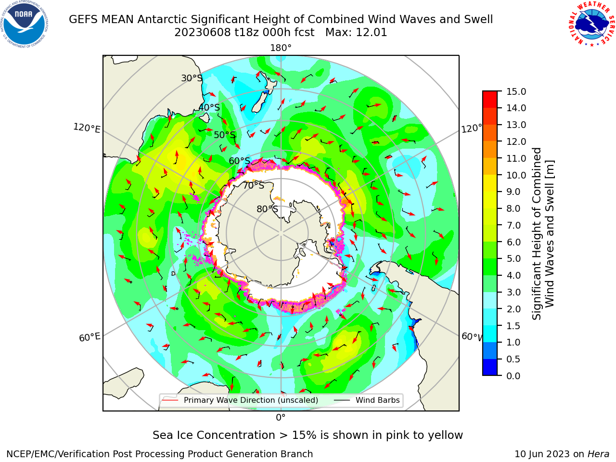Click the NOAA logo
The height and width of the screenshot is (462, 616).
25,25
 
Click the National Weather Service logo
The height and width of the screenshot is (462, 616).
591,25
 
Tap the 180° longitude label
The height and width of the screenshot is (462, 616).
281,48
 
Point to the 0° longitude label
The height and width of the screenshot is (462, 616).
281,418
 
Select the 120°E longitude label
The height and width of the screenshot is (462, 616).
87,128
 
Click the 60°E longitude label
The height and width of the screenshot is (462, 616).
90,337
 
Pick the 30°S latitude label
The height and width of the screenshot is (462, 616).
192,78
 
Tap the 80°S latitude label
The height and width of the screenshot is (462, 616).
267,209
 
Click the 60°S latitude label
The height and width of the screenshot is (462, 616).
239,161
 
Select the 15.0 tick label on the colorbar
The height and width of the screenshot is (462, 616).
516,91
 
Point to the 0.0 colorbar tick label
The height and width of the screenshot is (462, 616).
513,376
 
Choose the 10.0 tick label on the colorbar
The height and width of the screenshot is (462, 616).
516,175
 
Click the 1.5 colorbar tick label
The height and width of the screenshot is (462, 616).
513,326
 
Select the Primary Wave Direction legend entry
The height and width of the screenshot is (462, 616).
240,400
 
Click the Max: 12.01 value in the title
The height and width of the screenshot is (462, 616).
356,33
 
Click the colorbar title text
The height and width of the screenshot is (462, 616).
543,233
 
